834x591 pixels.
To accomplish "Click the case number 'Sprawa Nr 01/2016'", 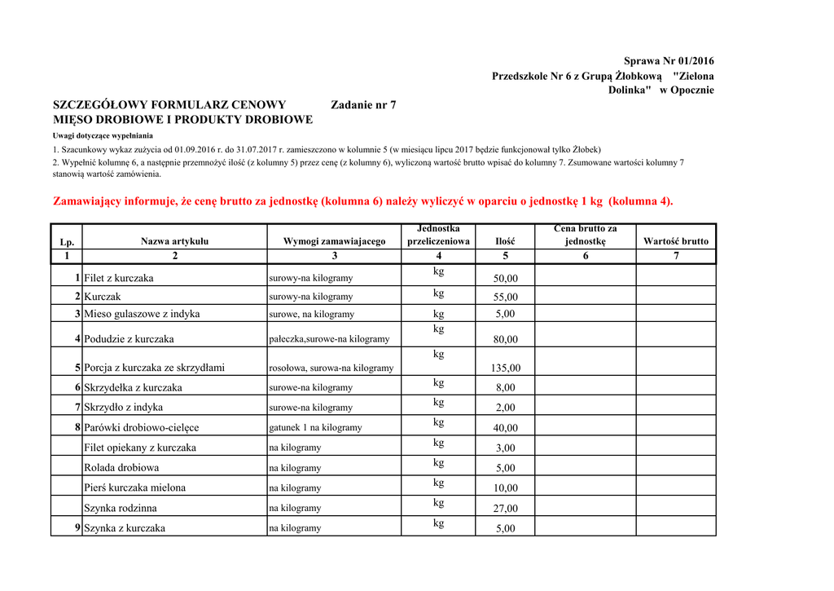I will [x=668, y=61].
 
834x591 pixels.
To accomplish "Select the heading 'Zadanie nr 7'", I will [x=364, y=104].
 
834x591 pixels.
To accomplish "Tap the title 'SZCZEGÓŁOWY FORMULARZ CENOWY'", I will [x=169, y=104].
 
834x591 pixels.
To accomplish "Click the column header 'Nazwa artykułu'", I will [x=174, y=241].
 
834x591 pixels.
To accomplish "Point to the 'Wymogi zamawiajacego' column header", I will [x=334, y=241].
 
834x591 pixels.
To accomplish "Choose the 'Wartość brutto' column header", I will [x=675, y=241].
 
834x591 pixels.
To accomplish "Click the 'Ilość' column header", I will [x=505, y=241].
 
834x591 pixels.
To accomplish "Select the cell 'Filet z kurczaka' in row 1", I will [x=119, y=278].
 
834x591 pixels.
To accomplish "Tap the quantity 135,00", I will [x=505, y=368].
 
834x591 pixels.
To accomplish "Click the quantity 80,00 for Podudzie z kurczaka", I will [x=505, y=339].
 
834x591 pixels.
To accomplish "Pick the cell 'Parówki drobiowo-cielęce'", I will [x=142, y=427].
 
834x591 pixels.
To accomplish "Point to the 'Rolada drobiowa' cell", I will [x=121, y=468].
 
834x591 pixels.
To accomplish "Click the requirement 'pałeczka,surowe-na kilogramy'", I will [x=329, y=339].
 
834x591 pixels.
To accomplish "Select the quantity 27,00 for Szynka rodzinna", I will [x=505, y=508].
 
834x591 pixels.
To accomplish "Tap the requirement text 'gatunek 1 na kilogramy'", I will [x=315, y=427].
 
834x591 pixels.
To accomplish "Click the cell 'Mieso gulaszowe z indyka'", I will [x=142, y=314].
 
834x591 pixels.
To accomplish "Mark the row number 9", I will [x=77, y=528].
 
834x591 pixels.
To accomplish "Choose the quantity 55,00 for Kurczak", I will [x=505, y=297].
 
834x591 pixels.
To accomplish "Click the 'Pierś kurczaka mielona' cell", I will [x=135, y=487].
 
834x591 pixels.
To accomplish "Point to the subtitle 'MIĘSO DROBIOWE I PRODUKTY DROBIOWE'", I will [x=182, y=120].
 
